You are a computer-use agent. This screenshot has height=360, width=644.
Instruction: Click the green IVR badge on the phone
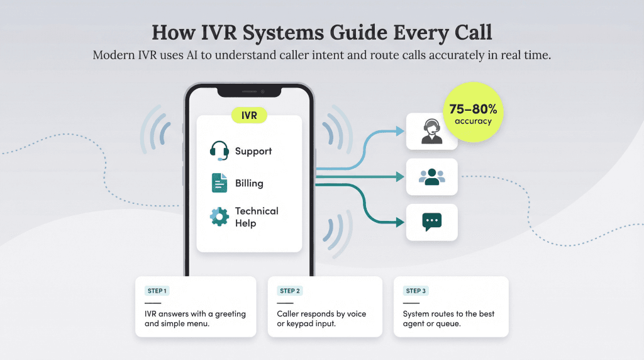[249, 115]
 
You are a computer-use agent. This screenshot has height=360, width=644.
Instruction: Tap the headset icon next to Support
[219, 151]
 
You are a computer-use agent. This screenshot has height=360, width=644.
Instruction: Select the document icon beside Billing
[219, 183]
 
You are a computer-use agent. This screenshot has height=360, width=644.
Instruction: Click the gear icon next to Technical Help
[219, 217]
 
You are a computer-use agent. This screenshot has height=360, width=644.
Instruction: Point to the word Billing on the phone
[249, 183]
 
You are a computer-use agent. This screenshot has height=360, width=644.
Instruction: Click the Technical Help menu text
[256, 217]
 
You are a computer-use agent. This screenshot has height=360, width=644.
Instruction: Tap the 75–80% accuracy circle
[473, 113]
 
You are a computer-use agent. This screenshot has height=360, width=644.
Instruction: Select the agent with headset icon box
[431, 131]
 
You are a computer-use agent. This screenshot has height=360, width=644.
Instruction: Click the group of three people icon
[431, 177]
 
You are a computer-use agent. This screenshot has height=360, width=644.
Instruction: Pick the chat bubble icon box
[431, 222]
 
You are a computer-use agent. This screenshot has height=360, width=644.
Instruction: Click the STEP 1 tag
[157, 291]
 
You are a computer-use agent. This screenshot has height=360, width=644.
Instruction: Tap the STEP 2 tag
[290, 291]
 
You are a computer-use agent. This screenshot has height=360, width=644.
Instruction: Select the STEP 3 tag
[416, 291]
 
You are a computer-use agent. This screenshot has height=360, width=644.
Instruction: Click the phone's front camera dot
[262, 93]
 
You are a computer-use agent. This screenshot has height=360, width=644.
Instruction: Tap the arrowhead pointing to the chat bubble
[400, 222]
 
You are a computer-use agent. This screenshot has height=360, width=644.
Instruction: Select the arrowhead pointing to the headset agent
[400, 131]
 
